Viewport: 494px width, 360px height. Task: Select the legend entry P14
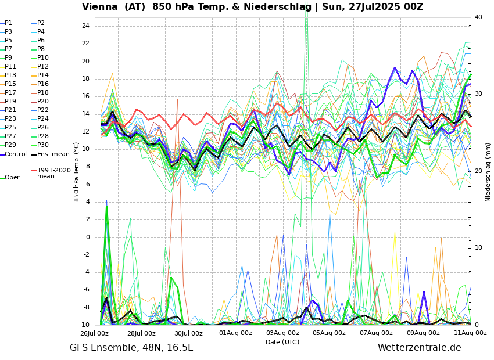[x=42, y=75]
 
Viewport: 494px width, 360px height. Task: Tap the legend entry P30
[x=42, y=145]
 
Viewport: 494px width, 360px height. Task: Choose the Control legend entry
[x=16, y=154]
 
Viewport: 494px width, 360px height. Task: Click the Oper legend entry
[x=12, y=178]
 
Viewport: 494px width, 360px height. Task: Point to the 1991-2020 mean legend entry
[x=53, y=173]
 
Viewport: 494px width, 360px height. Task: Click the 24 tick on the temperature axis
[x=85, y=26]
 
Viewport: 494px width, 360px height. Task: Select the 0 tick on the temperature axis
[x=87, y=237]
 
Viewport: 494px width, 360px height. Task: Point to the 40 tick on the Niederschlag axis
[x=478, y=17]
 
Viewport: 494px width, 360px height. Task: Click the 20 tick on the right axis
[x=478, y=171]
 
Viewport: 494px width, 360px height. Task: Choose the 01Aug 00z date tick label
[x=235, y=333]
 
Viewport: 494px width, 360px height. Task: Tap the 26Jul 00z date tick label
[x=94, y=333]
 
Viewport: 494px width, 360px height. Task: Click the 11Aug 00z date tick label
[x=470, y=333]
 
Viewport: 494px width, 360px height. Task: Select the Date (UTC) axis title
[x=282, y=342]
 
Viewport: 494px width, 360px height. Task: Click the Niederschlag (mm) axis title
[x=488, y=172]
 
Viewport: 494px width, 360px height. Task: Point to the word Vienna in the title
[x=101, y=7]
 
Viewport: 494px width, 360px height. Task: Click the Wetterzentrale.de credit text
[x=419, y=348]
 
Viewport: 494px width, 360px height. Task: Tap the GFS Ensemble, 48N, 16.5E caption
[x=131, y=348]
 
